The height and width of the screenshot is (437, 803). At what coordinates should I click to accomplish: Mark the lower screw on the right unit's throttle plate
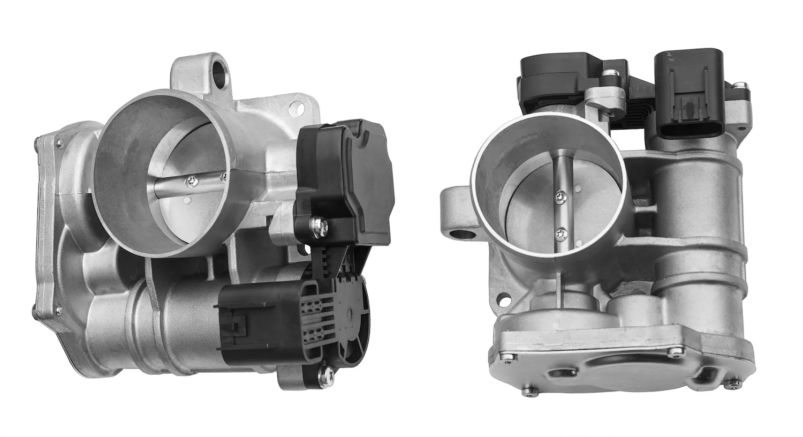561,232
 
